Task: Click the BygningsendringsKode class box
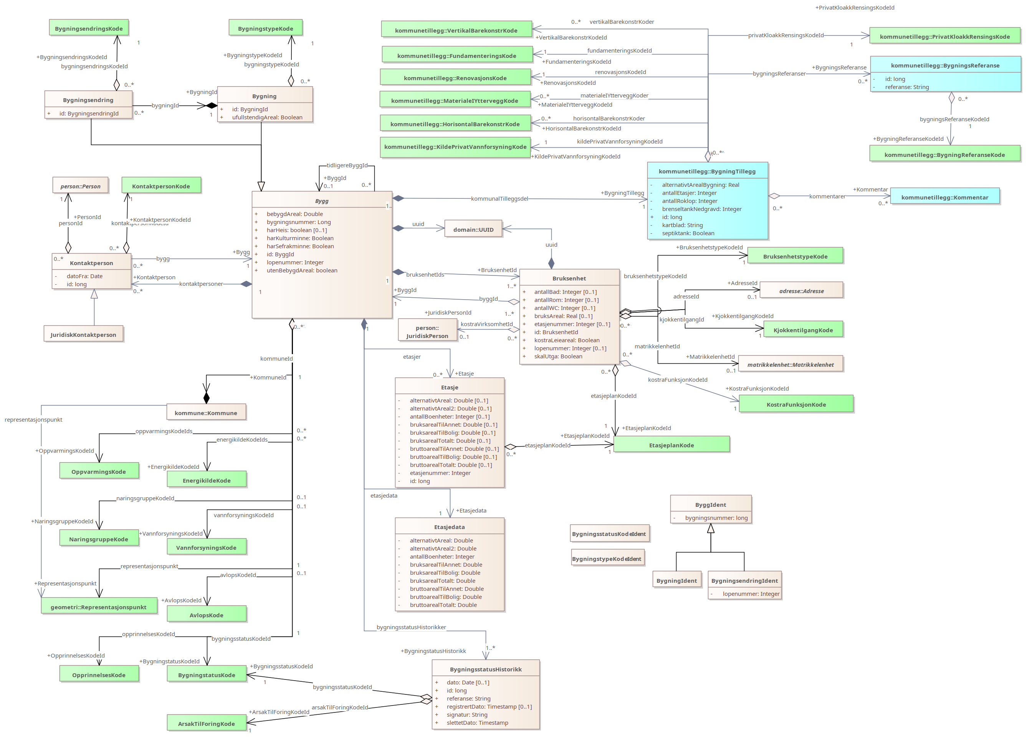point(89,28)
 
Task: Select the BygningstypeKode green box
point(265,28)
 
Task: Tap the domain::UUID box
point(473,229)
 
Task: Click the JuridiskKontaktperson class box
point(83,334)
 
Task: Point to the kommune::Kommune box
point(206,412)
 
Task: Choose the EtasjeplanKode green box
point(671,445)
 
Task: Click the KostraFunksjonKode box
point(795,404)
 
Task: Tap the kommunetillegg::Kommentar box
point(944,197)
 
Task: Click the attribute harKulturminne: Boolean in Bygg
point(300,238)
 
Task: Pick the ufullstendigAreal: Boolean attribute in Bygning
point(267,117)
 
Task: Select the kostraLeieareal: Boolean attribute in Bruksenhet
point(566,340)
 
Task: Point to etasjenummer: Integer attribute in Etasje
point(440,473)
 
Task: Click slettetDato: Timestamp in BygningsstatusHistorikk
point(477,722)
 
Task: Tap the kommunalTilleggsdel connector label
point(499,199)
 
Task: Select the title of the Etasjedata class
point(449,527)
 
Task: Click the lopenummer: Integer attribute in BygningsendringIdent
point(751,594)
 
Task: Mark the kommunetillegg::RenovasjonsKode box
point(455,78)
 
